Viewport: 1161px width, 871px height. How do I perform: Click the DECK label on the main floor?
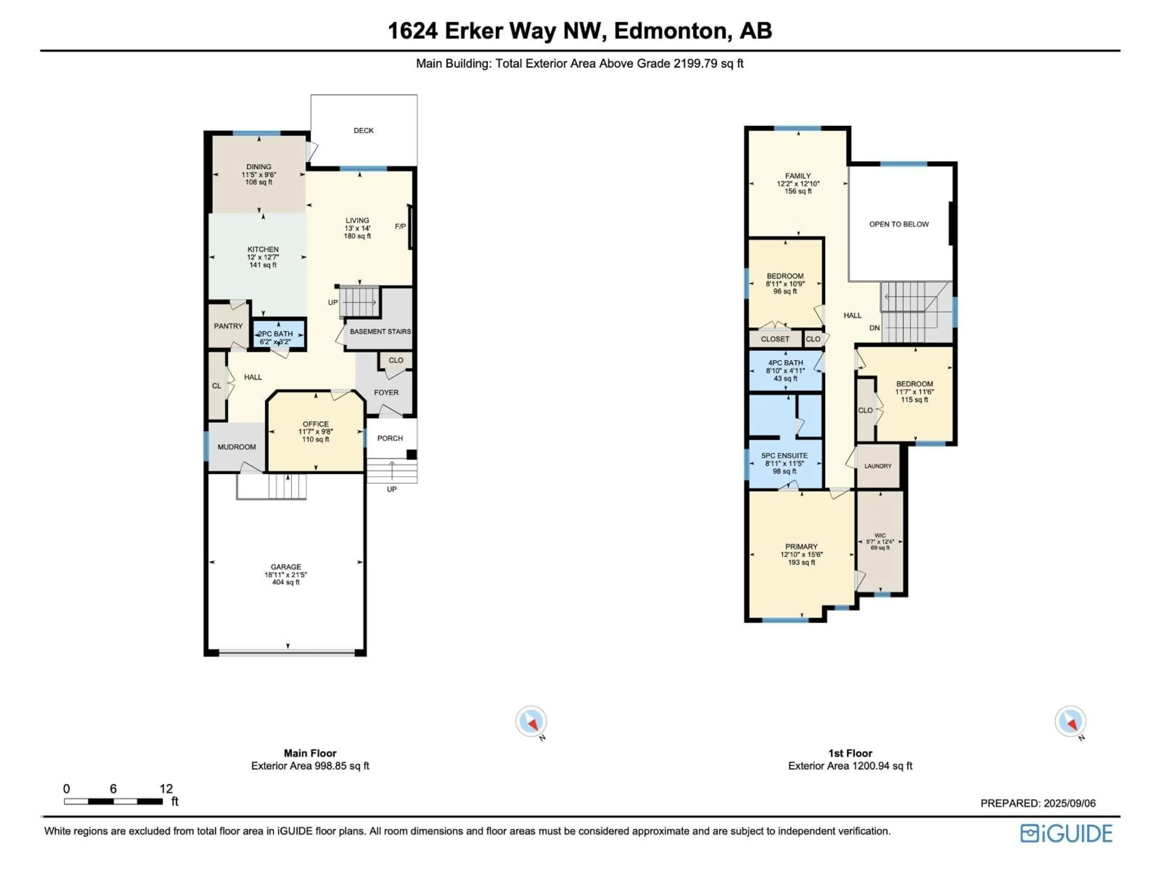(x=363, y=130)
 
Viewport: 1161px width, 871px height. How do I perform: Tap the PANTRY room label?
(x=228, y=326)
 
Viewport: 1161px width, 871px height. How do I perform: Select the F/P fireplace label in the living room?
(x=400, y=226)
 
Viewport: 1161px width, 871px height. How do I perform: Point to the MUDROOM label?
(x=237, y=447)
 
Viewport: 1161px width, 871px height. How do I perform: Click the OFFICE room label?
(x=315, y=424)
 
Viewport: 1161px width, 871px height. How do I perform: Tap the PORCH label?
(x=390, y=438)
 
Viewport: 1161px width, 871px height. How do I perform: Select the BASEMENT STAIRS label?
(x=380, y=331)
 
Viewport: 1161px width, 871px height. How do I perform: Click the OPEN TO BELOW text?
(x=899, y=224)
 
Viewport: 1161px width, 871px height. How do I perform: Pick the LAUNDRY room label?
(x=878, y=466)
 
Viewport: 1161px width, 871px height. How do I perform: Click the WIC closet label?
(x=880, y=536)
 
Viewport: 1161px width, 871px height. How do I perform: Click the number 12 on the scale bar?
(x=166, y=788)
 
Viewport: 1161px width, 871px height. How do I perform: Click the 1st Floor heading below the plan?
(x=850, y=753)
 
